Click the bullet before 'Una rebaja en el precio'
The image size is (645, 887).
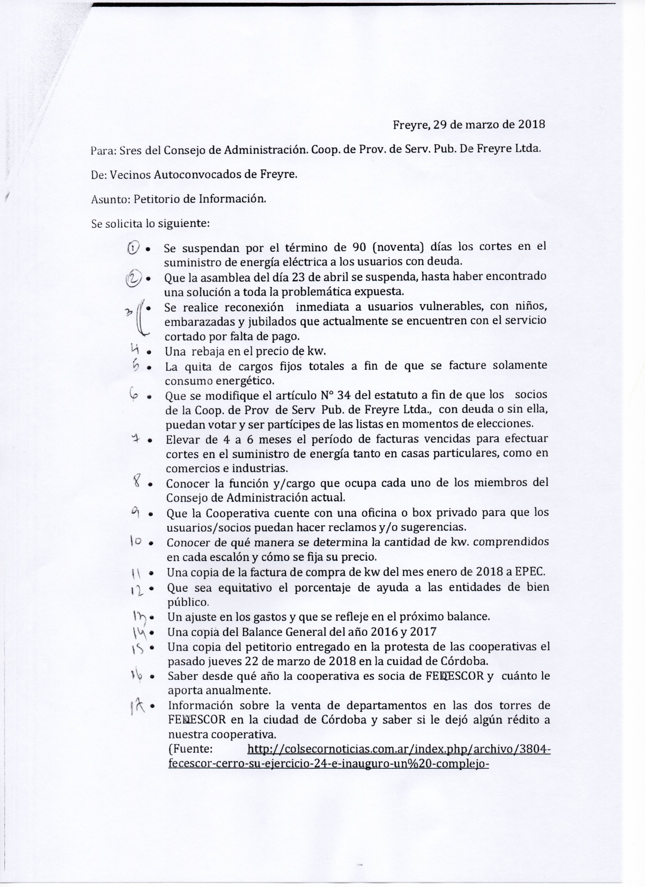(149, 352)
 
